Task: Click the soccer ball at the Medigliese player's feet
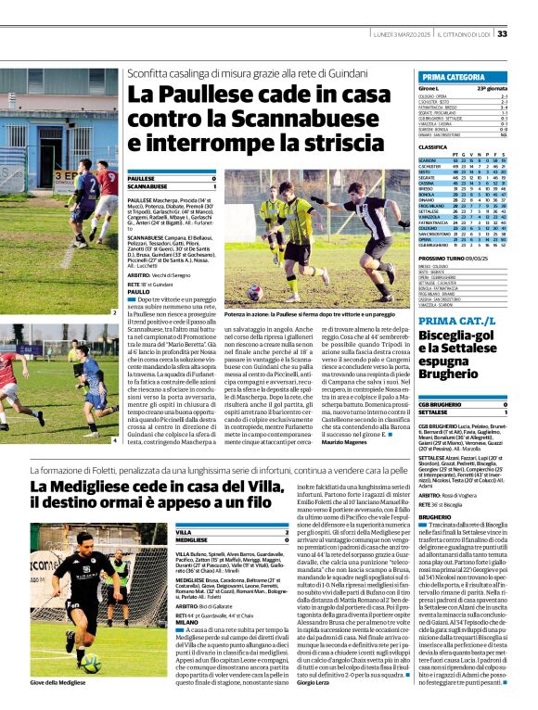(92, 664)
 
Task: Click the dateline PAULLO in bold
(139, 291)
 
